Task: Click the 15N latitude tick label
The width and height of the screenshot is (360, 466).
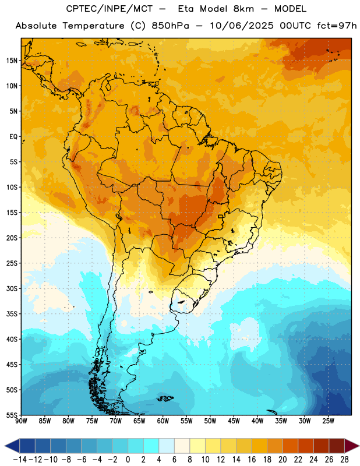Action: click(x=12, y=61)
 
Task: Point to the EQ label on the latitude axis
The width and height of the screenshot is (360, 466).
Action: click(x=13, y=137)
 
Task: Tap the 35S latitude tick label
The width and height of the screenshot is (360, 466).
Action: click(x=12, y=314)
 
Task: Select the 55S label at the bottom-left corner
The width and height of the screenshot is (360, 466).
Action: click(x=12, y=415)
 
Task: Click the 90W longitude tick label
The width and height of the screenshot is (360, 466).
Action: click(x=21, y=421)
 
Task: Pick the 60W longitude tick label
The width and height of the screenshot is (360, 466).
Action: click(x=163, y=421)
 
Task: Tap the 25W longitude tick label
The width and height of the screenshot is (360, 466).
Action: click(x=328, y=421)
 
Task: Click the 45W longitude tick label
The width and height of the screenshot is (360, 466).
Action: click(x=234, y=421)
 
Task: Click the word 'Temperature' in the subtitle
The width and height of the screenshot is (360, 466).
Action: click(x=93, y=26)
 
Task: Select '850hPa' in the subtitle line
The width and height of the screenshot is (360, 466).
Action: click(x=170, y=26)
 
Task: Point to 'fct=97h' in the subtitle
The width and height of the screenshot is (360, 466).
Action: click(x=337, y=26)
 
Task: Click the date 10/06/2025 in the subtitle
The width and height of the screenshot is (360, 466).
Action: click(x=241, y=26)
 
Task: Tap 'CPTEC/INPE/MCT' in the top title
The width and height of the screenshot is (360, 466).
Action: click(x=109, y=9)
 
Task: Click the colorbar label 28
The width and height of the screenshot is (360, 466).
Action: click(x=344, y=460)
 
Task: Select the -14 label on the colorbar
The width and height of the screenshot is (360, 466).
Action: click(x=20, y=460)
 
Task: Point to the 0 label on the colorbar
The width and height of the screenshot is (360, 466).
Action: click(x=128, y=460)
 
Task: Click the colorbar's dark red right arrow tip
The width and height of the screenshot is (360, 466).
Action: click(x=359, y=446)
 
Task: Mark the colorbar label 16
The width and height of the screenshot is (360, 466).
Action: click(x=252, y=460)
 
